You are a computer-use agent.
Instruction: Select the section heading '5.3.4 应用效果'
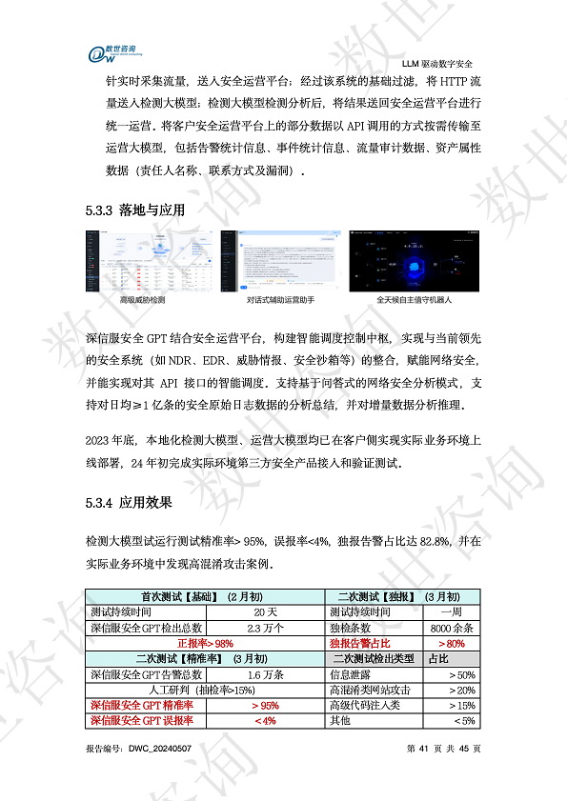(x=129, y=500)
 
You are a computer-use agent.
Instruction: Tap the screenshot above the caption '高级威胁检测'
(x=142, y=260)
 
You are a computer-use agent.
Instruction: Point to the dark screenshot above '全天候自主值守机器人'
(x=415, y=260)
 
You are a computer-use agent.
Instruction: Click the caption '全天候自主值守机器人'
(x=415, y=299)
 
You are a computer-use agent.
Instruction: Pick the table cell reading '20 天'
(x=266, y=611)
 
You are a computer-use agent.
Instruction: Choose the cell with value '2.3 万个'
(x=266, y=628)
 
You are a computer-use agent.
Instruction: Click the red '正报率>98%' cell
(x=206, y=643)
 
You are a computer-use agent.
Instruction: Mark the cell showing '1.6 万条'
(x=266, y=674)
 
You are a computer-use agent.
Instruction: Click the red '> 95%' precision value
(x=266, y=706)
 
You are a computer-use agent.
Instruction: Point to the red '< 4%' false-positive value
(x=266, y=721)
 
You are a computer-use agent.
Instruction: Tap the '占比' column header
(x=438, y=658)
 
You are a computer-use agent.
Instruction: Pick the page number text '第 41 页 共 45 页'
(x=443, y=749)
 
